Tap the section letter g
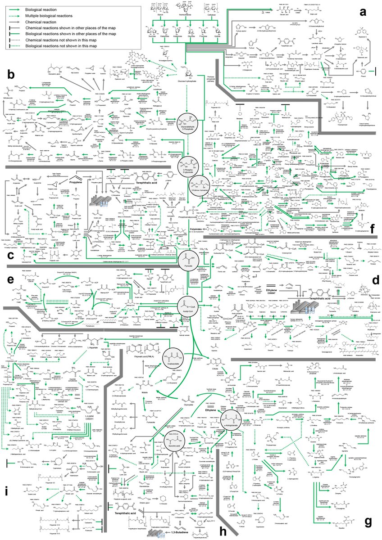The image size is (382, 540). [x=368, y=521]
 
